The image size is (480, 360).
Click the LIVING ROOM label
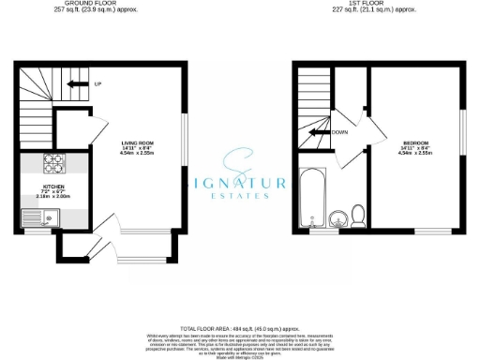[x=137, y=142]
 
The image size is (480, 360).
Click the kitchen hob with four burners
[x=52, y=163]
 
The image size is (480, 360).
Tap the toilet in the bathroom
[x=356, y=216]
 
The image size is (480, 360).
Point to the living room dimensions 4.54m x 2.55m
[x=137, y=154]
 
